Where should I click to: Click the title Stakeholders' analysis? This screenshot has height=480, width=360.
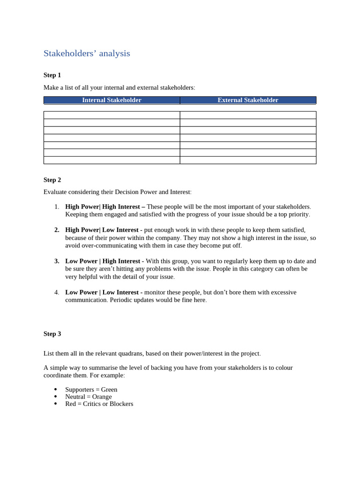(x=87, y=53)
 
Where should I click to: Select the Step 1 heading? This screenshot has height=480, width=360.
(x=52, y=75)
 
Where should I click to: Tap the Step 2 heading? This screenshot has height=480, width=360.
(x=52, y=180)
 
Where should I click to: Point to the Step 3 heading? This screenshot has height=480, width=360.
(x=52, y=334)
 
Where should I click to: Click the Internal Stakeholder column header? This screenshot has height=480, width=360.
(x=112, y=100)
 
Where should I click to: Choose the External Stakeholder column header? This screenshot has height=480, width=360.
(x=247, y=100)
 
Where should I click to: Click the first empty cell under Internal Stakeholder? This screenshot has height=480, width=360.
(x=112, y=115)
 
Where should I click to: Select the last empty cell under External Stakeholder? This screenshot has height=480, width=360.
(x=247, y=160)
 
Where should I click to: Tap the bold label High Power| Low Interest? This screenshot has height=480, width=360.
(x=102, y=230)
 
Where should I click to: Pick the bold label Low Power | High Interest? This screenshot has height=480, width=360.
(x=103, y=261)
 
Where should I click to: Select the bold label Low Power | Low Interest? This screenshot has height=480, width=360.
(x=102, y=292)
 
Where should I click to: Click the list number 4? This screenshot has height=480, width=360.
(x=57, y=292)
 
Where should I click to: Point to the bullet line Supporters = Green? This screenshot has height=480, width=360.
(x=91, y=390)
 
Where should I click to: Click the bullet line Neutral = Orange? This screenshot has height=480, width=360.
(x=88, y=397)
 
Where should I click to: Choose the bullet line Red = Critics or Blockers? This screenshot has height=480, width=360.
(x=99, y=404)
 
